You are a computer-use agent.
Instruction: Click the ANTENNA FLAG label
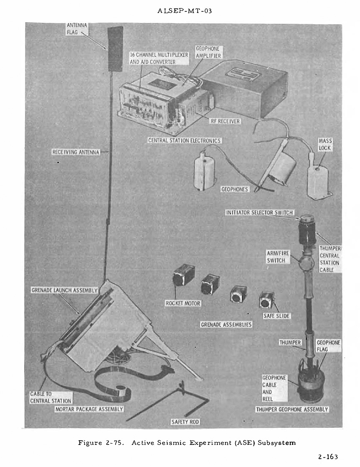tap(77, 28)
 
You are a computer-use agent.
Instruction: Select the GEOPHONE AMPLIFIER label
tap(208, 52)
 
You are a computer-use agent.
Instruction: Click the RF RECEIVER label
tap(225, 121)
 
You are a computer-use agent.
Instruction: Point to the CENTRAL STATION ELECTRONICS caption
tap(184, 141)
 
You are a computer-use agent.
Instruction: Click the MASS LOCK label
tap(325, 144)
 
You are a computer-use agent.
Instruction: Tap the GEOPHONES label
tap(234, 189)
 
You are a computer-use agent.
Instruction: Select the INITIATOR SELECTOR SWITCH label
tap(259, 212)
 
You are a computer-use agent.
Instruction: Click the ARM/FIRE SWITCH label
tap(276, 257)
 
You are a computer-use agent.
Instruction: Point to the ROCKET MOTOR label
tap(183, 303)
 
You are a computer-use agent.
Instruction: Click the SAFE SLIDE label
tap(276, 316)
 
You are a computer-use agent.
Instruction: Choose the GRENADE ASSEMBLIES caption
tap(226, 324)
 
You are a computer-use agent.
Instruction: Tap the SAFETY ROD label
tap(186, 422)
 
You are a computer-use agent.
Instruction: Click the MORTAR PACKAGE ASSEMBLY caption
tap(89, 409)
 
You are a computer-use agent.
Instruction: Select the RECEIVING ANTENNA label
tap(76, 152)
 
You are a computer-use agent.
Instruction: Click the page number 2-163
tap(328, 457)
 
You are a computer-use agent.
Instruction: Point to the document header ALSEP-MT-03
tap(185, 11)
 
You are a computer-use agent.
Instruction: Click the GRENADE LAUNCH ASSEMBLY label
tap(64, 290)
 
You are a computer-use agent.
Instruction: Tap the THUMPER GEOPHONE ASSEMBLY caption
tap(292, 409)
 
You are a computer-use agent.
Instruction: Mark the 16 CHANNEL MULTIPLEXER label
tap(159, 58)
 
